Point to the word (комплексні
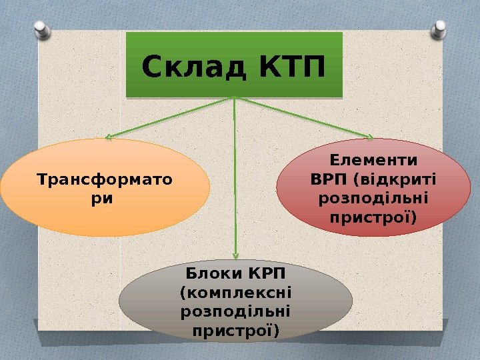coord(236,293)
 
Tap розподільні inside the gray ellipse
coord(236,311)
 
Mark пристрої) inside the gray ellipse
coord(236,330)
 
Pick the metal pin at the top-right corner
coord(439,29)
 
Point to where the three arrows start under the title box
coord(235,99)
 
